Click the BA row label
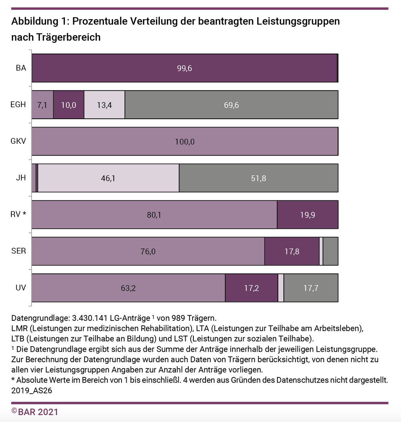pos(21,68)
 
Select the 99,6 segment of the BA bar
pos(184,68)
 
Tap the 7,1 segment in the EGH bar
pos(42,105)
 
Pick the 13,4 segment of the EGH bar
pos(104,105)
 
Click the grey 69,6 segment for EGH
pos(231,105)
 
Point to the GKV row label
pos(18,141)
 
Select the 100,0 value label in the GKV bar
pos(185,141)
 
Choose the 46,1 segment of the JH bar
pos(108,178)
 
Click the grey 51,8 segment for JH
pos(258,178)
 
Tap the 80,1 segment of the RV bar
pos(154,215)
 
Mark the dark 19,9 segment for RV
pos(308,215)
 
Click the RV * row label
pos(18,215)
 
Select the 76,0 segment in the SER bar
pos(148,251)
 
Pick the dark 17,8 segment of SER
pos(292,251)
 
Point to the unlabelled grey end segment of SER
pos(331,251)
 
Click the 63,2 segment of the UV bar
pos(128,288)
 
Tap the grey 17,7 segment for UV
pos(311,288)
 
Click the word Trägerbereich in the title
pos(68,37)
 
